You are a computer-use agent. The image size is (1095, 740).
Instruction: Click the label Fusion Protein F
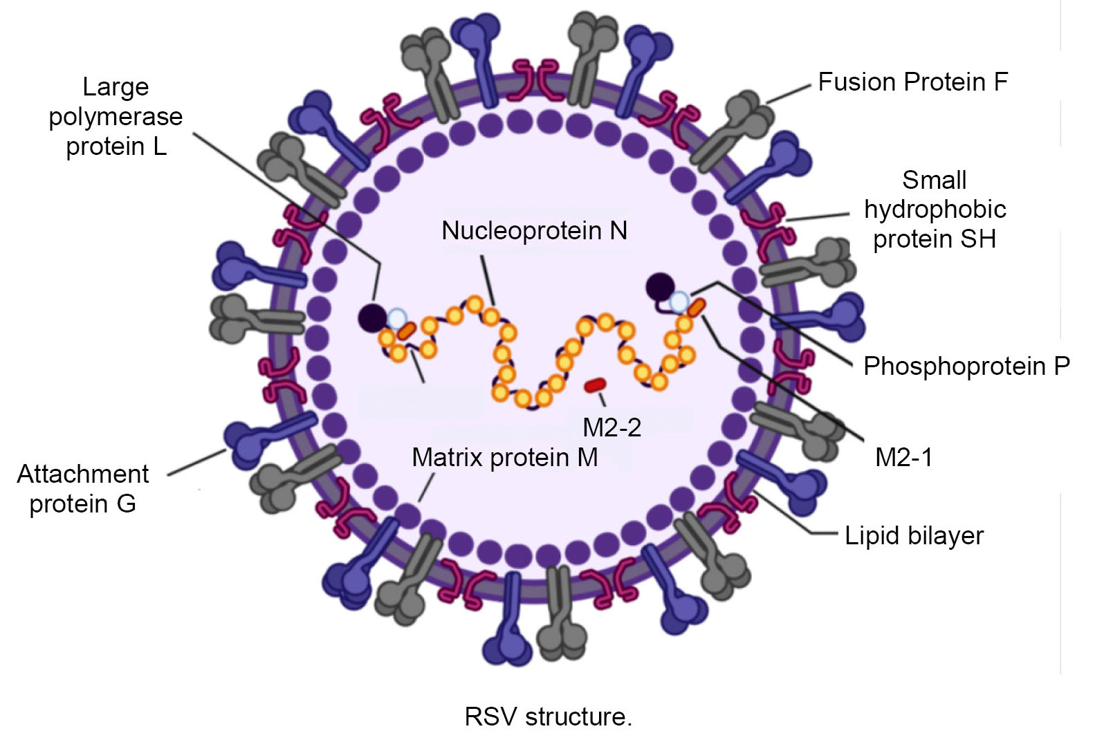point(912,82)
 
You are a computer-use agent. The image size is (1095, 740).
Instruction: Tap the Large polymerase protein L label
point(116,116)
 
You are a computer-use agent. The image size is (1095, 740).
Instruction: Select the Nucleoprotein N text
point(534,230)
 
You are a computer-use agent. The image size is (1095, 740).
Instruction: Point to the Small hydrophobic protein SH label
point(935,210)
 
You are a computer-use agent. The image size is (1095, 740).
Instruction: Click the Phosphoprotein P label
point(966,366)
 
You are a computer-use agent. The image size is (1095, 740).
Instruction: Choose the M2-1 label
point(903,457)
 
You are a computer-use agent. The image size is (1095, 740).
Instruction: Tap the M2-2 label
point(611,427)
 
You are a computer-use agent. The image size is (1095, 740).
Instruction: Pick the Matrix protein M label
point(504,457)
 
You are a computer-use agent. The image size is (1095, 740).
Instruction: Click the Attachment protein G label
point(82,488)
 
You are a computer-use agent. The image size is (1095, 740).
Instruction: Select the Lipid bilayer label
point(914,536)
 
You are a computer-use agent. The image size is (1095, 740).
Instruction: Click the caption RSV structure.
point(548,716)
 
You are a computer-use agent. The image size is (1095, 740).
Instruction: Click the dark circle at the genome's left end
point(372,318)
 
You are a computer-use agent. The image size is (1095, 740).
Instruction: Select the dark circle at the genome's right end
point(660,286)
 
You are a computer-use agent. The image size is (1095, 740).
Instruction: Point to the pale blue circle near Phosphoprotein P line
point(679,302)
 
